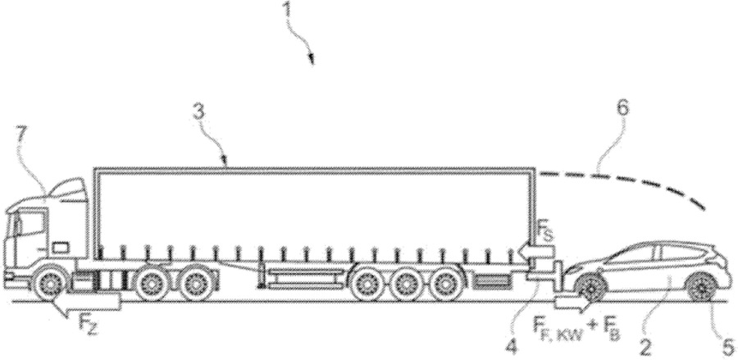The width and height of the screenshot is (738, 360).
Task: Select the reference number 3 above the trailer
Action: point(198,114)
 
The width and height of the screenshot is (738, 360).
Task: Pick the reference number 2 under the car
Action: point(645,348)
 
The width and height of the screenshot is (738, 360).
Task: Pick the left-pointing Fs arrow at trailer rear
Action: point(536,253)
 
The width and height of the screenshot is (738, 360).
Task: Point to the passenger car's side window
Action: point(658,253)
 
